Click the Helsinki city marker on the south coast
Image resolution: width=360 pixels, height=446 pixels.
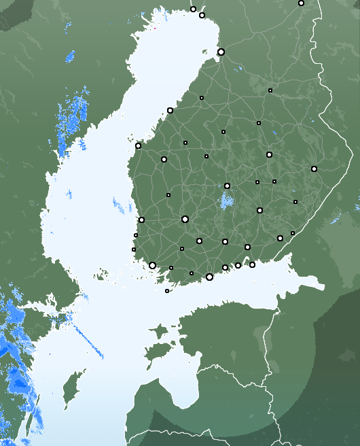pos(209,277)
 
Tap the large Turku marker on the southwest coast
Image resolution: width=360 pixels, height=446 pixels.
pos(152,265)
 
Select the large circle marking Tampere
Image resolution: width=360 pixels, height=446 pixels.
pos(185,219)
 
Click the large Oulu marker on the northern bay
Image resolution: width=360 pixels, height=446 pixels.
pos(221,52)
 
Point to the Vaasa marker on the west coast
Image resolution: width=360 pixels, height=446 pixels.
pos(138,145)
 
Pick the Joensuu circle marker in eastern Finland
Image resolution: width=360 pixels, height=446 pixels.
pos(314,169)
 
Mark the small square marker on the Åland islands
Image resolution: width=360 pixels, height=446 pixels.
pos(167,291)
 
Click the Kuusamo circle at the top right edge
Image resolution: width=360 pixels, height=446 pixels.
pos(301,3)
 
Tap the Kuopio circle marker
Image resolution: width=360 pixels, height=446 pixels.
pos(269,154)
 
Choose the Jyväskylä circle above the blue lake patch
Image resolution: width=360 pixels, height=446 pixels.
pos(227,186)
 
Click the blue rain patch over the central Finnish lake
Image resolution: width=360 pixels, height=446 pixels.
pos(226,201)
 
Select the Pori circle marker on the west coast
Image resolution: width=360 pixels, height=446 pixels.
pos(141,220)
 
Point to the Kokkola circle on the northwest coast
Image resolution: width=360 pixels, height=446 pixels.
pos(170,110)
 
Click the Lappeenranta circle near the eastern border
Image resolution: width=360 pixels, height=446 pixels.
pos(280,238)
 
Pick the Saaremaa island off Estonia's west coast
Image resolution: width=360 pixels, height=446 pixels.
pos(158,351)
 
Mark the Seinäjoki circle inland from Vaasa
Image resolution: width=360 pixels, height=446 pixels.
pos(164,159)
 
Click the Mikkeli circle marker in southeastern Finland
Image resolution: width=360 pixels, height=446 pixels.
pos(259,210)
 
